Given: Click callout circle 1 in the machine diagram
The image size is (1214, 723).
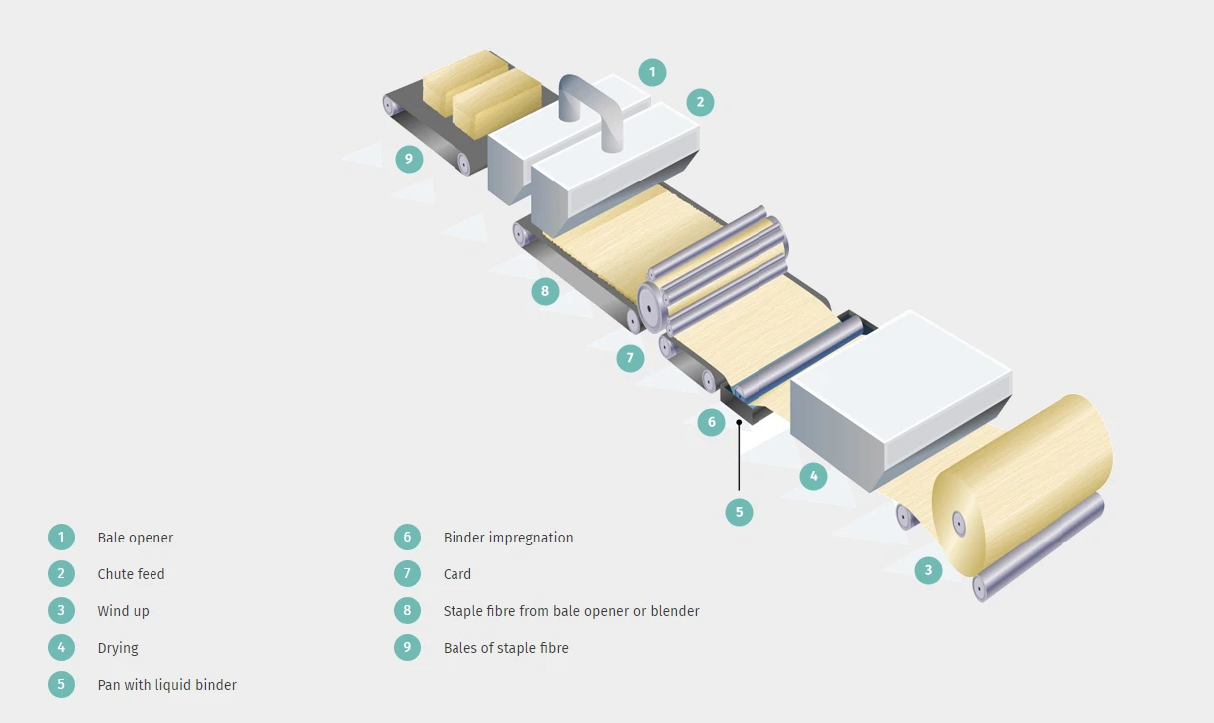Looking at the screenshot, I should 652,72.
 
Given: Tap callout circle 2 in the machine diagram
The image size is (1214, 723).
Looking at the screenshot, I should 700,102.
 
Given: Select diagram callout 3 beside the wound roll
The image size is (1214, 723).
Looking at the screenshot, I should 928,570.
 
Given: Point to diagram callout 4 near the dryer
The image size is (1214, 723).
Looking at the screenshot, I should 813,476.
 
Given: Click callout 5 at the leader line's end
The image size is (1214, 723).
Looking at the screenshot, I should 739,512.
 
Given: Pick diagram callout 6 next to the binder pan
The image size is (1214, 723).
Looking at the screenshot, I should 711,422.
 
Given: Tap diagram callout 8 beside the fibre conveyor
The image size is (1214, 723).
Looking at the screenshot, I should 544,291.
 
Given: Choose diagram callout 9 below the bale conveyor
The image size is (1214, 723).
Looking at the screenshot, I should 409,158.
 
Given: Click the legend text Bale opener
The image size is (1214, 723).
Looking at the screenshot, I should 136,538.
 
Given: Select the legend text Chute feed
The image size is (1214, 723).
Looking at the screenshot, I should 131,574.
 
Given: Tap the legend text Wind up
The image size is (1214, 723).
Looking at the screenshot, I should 123,611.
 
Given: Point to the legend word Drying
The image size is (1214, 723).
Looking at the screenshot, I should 118,648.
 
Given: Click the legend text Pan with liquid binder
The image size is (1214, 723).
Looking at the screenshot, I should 166,685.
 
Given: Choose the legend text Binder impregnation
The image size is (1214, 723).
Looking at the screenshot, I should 508,538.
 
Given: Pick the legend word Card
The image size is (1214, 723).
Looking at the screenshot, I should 457,574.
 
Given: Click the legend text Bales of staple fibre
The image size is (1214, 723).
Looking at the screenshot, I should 506,648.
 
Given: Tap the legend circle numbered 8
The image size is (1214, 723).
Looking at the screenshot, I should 407,611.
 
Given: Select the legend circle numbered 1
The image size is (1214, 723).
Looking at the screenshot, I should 61,538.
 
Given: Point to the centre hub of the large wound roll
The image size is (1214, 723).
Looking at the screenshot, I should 958,522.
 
